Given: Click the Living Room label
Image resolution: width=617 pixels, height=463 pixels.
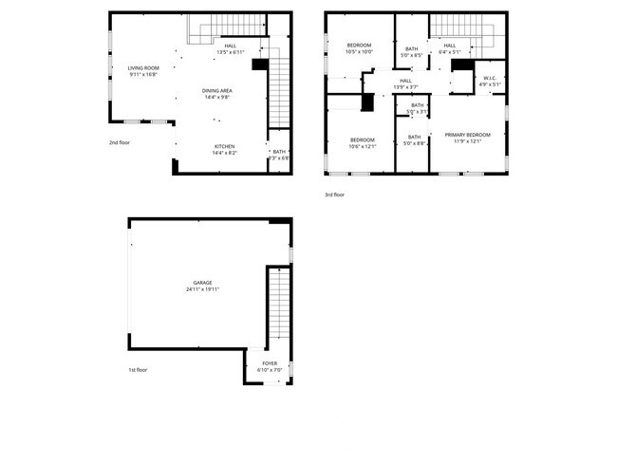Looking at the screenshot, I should click(x=143, y=67).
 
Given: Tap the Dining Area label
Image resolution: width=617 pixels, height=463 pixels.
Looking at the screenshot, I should click(x=217, y=90).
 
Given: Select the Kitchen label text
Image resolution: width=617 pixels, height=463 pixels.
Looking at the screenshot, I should click(x=225, y=145).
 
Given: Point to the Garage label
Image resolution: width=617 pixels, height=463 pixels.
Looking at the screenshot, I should click(x=203, y=282).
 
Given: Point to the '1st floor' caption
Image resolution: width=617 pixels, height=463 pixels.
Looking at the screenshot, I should click(x=138, y=370).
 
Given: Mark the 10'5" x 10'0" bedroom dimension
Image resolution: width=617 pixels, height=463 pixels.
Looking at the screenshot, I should click(x=360, y=52).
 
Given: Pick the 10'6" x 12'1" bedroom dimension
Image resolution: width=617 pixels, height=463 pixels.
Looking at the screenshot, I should click(x=363, y=145).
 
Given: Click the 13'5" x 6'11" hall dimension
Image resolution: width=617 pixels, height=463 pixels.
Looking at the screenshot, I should click(x=231, y=51).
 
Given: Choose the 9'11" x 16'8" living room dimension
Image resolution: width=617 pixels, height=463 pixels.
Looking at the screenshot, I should click(x=143, y=74).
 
